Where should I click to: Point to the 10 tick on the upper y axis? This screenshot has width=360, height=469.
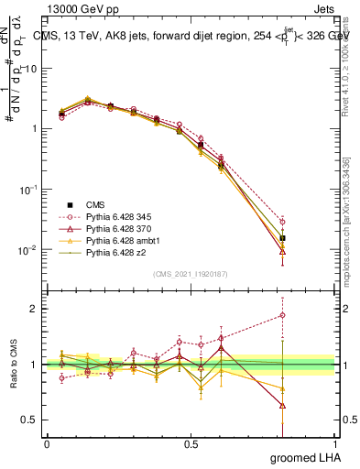[34, 68]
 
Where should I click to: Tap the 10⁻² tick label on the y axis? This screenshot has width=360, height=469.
[29, 249]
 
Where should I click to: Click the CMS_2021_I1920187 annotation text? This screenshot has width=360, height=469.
[190, 273]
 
